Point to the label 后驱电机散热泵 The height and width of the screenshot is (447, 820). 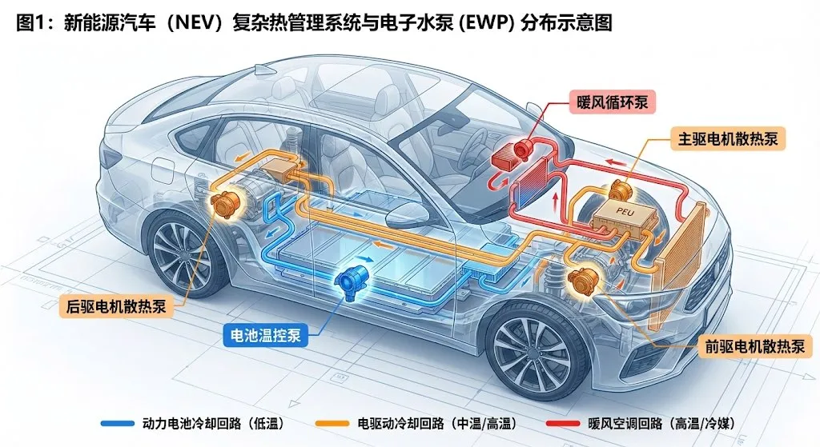(116, 305)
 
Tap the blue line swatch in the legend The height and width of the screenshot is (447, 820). (116, 422)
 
